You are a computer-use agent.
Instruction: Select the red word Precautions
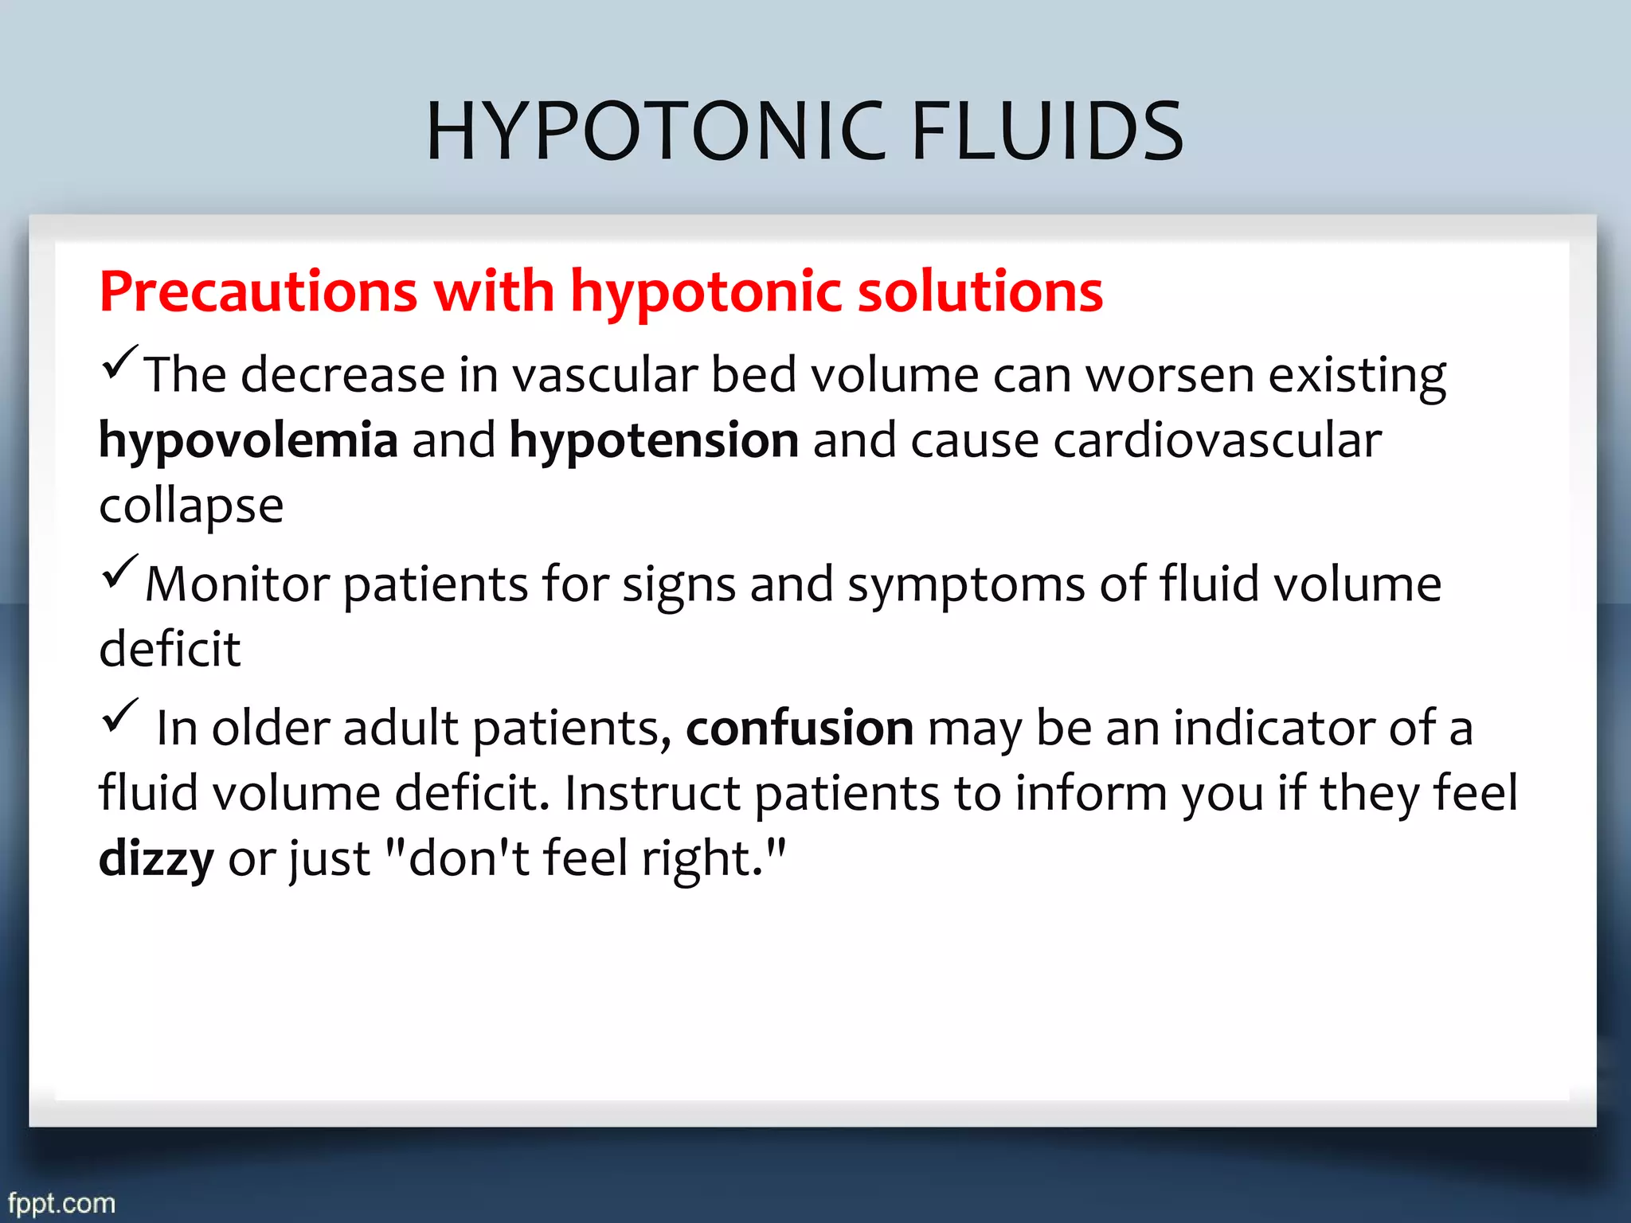pos(258,291)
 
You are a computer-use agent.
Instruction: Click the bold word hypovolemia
pos(248,440)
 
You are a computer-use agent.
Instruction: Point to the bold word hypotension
pos(654,440)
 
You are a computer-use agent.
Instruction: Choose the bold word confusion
pos(800,728)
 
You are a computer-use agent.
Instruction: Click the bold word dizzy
pos(156,859)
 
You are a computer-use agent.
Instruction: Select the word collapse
pos(191,506)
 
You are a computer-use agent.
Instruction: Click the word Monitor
pos(237,584)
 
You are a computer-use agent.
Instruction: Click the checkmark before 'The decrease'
pos(120,362)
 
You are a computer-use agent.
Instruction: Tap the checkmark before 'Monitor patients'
pos(120,572)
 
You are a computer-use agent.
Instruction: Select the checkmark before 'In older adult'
pos(120,715)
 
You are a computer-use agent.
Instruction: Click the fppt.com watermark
pos(61,1202)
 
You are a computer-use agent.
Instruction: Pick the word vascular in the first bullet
pos(604,375)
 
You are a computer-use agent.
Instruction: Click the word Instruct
pos(652,793)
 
